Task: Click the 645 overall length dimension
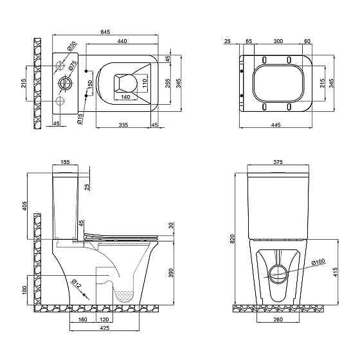click(x=105, y=32)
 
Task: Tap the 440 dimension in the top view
click(x=122, y=41)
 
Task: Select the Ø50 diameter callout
click(x=71, y=46)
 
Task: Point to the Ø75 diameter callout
click(x=72, y=65)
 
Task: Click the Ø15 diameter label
click(x=80, y=119)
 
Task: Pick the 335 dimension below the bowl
click(x=123, y=125)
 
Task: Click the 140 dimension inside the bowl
click(x=125, y=97)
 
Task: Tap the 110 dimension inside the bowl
click(x=145, y=84)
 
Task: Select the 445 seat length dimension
click(x=276, y=125)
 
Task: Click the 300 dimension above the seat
click(x=278, y=41)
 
